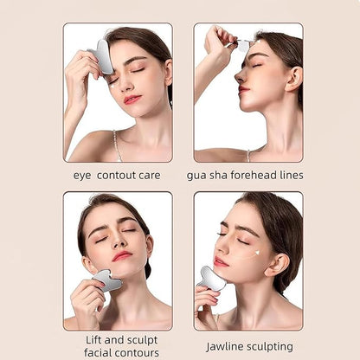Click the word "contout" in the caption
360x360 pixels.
click(116, 176)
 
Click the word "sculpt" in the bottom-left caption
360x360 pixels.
click(141, 340)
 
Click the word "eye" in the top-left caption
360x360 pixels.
click(82, 176)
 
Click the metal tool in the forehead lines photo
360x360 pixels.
click(239, 45)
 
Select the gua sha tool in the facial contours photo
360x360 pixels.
click(108, 280)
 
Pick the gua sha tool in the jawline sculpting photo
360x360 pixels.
click(211, 279)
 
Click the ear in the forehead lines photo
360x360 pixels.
click(293, 78)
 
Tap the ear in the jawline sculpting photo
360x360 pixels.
click(277, 265)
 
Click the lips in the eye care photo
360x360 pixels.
click(132, 100)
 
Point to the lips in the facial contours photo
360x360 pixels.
click(122, 256)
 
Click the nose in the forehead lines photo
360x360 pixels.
click(241, 75)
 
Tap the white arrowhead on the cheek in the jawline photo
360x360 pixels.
click(257, 253)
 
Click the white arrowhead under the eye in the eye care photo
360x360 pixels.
click(112, 86)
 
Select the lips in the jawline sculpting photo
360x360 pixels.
click(221, 262)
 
